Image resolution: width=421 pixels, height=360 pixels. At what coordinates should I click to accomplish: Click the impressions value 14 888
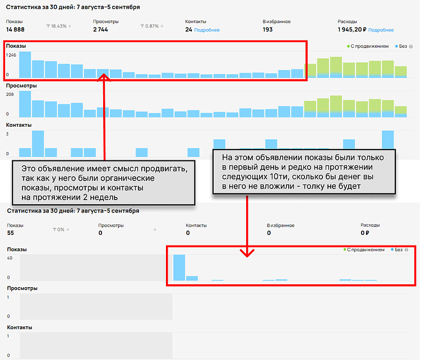(16, 29)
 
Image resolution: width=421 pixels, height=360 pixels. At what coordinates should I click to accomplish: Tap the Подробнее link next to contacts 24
(207, 30)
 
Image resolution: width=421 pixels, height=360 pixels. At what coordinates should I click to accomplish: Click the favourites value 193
(267, 29)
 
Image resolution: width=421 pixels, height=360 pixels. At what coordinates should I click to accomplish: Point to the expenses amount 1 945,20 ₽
(352, 29)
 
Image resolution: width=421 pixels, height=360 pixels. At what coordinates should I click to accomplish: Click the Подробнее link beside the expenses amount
(382, 30)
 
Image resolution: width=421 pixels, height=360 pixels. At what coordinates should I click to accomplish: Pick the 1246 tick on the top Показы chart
(11, 55)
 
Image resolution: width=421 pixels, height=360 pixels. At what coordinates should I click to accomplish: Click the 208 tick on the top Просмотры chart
(10, 95)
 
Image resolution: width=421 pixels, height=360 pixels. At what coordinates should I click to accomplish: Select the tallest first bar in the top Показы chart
(25, 64)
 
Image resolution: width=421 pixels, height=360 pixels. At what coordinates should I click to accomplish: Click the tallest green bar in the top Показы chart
(336, 66)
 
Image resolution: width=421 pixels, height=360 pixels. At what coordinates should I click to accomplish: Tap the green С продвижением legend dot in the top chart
(348, 47)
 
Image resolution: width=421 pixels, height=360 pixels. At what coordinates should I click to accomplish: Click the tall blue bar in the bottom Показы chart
(179, 267)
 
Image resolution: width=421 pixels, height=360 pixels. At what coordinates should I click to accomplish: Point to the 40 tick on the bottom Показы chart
(9, 258)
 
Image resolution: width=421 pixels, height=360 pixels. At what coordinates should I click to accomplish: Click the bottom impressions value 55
(11, 232)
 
